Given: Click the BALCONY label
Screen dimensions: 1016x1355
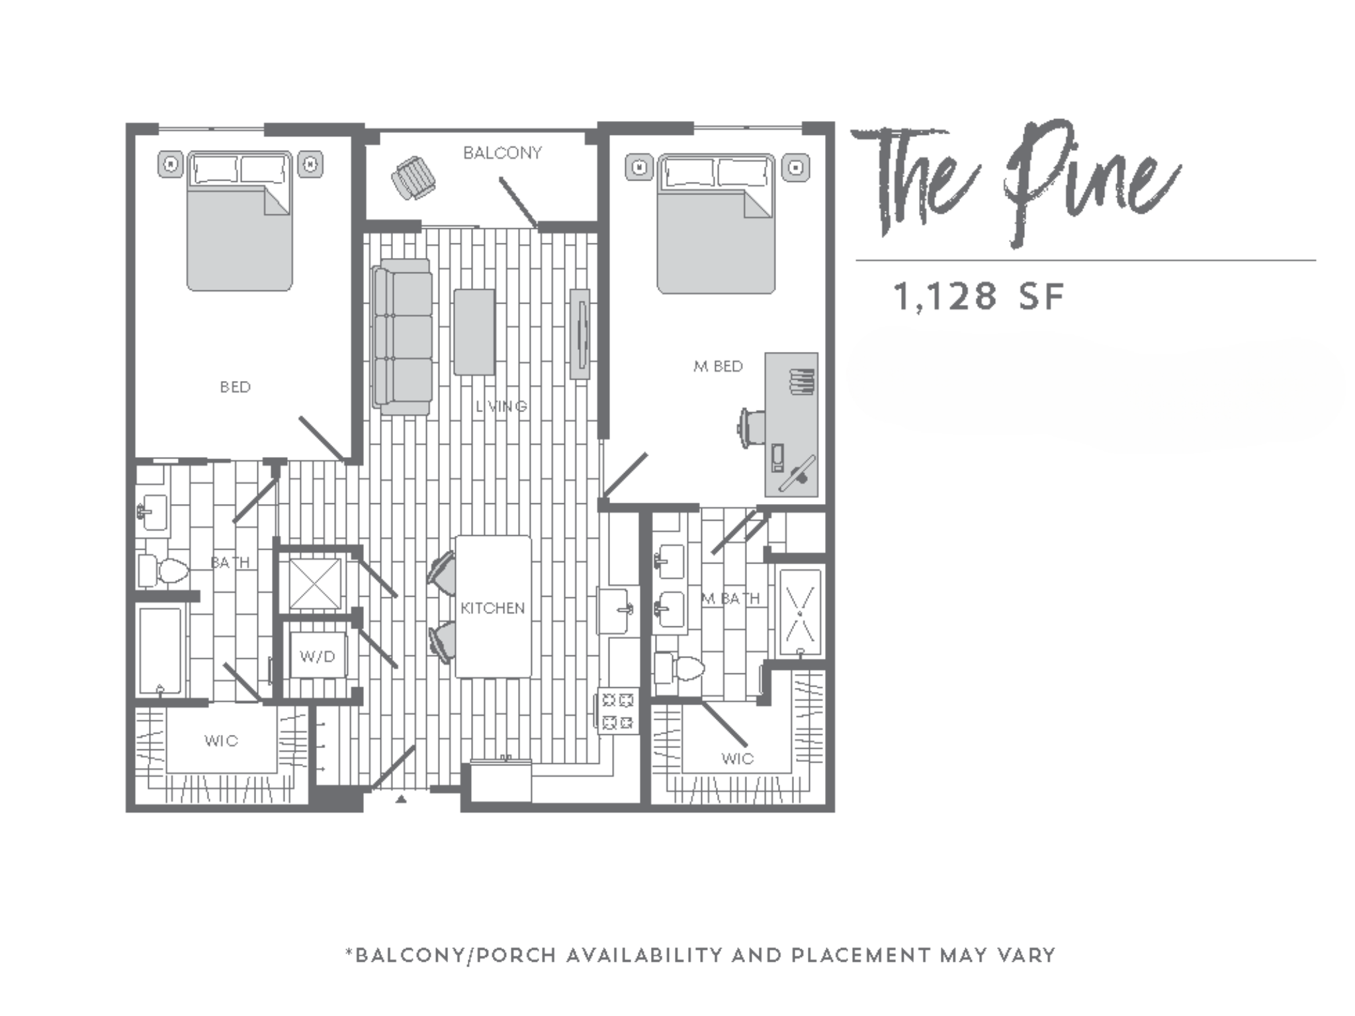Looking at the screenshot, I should pos(502,153).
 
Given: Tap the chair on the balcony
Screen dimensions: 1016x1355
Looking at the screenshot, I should pos(414,177).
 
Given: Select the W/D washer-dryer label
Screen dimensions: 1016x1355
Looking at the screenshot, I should pos(318,657).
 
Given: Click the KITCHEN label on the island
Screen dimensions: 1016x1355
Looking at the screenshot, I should pos(493,608).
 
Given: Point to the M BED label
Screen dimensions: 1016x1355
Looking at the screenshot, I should pos(718,366).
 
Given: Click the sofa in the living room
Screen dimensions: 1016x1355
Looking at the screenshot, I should pos(403,337).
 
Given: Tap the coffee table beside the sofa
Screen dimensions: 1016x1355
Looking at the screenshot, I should pos(474,332).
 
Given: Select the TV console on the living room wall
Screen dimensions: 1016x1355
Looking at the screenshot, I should pos(580,333).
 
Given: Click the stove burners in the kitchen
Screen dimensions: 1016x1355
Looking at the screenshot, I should pos(618,711).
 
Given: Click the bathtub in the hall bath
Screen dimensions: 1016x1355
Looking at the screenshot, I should pos(160,651).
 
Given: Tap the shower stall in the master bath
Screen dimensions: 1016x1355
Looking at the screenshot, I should pos(800,612).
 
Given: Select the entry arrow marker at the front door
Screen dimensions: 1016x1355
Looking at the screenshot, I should pos(401,799).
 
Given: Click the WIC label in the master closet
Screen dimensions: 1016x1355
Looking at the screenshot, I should pos(737,759).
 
